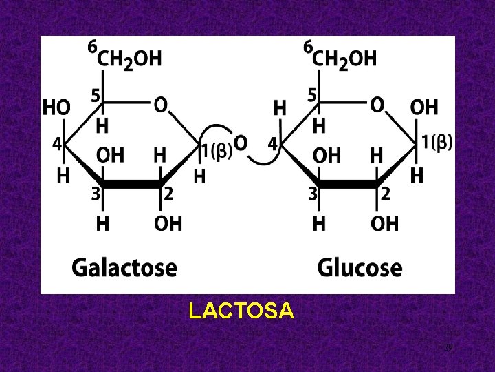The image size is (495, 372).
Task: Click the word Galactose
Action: pyautogui.click(x=124, y=267)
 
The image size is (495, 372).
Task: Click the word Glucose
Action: pyautogui.click(x=360, y=267)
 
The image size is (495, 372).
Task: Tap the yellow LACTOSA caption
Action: pyautogui.click(x=241, y=312)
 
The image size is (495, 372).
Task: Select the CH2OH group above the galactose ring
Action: pyautogui.click(x=129, y=59)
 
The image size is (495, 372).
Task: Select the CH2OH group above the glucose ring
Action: pyautogui.click(x=345, y=59)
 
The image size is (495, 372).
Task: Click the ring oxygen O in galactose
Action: pyautogui.click(x=159, y=105)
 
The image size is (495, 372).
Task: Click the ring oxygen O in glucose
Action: pyautogui.click(x=377, y=105)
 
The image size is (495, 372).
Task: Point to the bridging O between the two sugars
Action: pyautogui.click(x=241, y=143)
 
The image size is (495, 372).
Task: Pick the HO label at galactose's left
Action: pyautogui.click(x=56, y=108)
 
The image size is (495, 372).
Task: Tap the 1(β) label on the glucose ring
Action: pyautogui.click(x=437, y=143)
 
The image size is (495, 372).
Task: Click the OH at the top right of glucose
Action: pyautogui.click(x=423, y=107)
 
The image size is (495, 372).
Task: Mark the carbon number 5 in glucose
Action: pyautogui.click(x=312, y=96)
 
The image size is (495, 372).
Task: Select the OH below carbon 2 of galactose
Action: pyautogui.click(x=168, y=224)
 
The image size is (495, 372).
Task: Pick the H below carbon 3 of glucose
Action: pyautogui.click(x=320, y=224)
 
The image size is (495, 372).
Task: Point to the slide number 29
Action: pyautogui.click(x=448, y=347)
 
